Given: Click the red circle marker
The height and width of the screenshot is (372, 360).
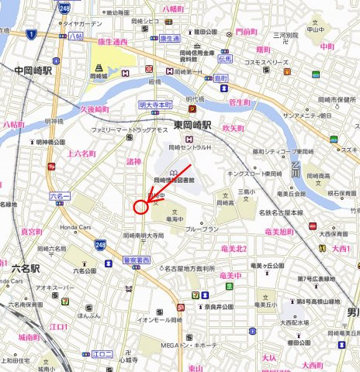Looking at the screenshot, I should [140, 207].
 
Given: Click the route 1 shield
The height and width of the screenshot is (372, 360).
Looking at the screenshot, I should [31, 34].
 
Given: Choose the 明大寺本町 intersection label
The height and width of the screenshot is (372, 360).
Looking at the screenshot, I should [155, 104].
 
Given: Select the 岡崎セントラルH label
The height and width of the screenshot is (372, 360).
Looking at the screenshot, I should [192, 146].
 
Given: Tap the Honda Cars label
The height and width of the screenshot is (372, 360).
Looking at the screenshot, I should [76, 226].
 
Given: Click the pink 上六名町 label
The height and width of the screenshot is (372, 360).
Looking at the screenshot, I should [81, 153].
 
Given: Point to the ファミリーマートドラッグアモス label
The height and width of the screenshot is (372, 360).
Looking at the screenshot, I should [126, 130].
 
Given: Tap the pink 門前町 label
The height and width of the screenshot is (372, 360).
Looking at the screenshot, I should [246, 31].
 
